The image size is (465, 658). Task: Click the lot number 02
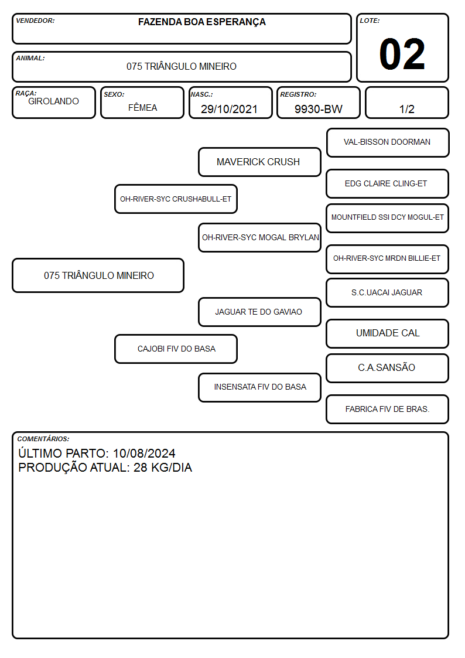coord(402,54)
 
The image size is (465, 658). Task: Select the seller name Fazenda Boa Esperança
coord(201,22)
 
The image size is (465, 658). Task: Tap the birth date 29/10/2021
coord(229,109)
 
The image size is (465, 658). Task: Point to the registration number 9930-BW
coord(318,109)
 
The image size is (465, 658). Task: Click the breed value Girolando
coord(53,101)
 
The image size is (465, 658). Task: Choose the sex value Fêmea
coord(142,107)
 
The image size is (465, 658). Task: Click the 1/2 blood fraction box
coord(406,103)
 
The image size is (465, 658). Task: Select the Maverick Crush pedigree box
coord(259,162)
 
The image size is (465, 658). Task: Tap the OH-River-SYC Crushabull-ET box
coord(176,199)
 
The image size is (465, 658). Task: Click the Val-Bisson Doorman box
coord(388,143)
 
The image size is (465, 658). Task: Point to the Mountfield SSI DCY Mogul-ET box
coord(388,218)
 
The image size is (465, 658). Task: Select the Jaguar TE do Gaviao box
coord(259,312)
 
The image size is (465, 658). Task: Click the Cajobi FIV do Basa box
coord(176,349)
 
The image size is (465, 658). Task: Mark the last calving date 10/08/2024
coord(144,453)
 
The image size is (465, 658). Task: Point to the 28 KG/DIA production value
coord(163,468)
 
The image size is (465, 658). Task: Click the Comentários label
coord(43,439)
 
